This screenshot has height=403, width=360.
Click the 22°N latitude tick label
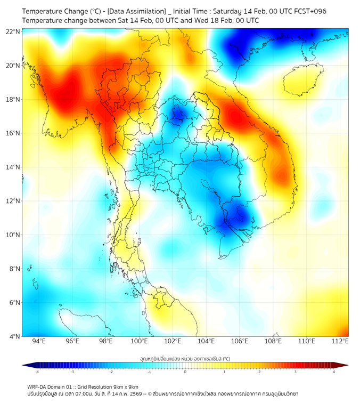tap(13, 31)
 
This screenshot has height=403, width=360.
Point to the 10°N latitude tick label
tap(13, 235)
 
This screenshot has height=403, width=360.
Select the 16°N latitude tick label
tap(13, 133)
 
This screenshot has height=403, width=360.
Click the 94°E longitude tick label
tap(39, 341)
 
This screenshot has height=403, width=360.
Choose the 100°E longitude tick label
tap(139, 341)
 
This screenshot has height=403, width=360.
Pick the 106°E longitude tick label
tap(240, 341)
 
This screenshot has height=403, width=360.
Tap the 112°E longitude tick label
tap(340, 341)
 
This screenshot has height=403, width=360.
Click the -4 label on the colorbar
tap(37, 372)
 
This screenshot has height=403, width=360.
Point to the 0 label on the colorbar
tap(185, 372)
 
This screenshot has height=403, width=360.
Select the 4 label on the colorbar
tap(333, 372)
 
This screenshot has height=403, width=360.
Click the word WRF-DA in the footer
tap(38, 386)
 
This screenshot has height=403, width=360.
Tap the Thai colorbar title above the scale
tap(185, 359)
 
